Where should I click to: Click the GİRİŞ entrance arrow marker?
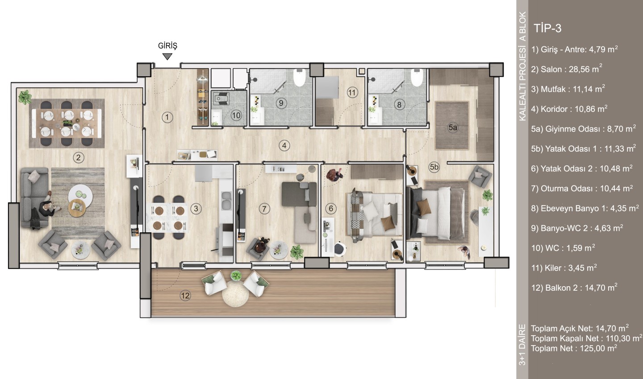tap(167, 57)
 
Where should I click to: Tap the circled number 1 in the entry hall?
tap(167, 117)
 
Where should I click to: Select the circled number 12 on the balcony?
tap(185, 296)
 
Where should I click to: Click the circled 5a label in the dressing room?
tap(453, 127)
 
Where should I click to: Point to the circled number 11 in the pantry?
tap(352, 93)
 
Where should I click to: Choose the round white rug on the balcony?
tap(235, 293)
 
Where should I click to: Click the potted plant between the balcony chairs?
tap(236, 276)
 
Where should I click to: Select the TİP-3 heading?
tap(547, 29)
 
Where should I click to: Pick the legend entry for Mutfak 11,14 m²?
tap(568, 89)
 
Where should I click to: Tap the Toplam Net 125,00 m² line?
tap(574, 348)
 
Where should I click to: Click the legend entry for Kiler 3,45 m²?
tap(564, 268)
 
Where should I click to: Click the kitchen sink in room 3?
tap(226, 200)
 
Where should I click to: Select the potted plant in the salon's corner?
tap(25, 97)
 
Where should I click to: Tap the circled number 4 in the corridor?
tap(284, 146)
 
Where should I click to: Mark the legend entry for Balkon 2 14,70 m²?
tap(574, 288)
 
